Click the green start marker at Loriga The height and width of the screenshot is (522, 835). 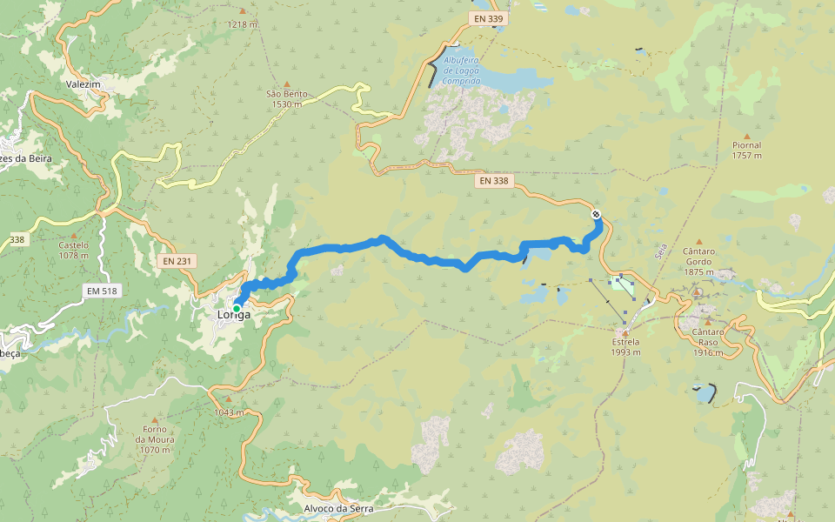click(x=236, y=308)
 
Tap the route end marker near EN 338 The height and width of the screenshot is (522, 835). click(x=596, y=214)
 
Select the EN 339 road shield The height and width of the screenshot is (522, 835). click(x=490, y=17)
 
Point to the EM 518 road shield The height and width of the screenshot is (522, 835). click(x=102, y=291)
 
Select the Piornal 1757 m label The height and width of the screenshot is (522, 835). click(x=746, y=150)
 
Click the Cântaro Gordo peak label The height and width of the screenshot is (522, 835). click(x=698, y=261)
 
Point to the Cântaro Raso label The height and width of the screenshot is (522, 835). click(x=709, y=342)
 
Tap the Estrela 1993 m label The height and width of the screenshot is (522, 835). click(x=625, y=347)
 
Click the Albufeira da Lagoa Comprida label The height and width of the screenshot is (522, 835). click(x=461, y=70)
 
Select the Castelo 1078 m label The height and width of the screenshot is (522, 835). click(x=74, y=250)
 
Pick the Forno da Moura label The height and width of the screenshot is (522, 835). click(x=155, y=439)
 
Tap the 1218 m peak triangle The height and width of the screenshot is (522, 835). click(x=242, y=11)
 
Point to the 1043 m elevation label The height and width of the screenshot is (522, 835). click(x=229, y=412)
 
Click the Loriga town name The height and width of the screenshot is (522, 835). click(x=235, y=315)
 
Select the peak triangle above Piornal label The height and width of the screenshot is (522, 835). click(x=746, y=136)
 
